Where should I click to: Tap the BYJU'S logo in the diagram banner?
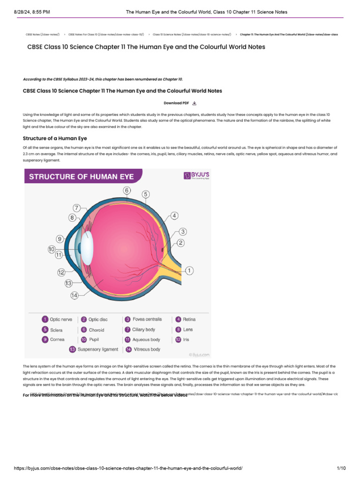pyautogui.click(x=196, y=176)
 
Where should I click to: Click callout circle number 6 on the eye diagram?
pyautogui.click(x=127, y=190)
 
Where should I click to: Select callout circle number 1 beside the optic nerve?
pyautogui.click(x=189, y=270)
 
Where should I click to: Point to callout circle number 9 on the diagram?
pyautogui.click(x=60, y=239)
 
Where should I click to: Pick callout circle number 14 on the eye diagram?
pyautogui.click(x=74, y=295)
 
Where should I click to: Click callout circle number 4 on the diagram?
pyautogui.click(x=174, y=216)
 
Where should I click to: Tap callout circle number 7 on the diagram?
pyautogui.click(x=77, y=208)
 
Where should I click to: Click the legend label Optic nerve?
pyautogui.click(x=61, y=319)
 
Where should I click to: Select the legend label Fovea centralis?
pyautogui.click(x=147, y=319)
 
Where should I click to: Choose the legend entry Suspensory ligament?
pyautogui.click(x=97, y=349)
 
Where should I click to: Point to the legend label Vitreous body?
pyautogui.click(x=147, y=349)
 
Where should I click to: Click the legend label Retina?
pyautogui.click(x=189, y=319)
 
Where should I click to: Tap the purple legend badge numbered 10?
pyautogui.click(x=84, y=339)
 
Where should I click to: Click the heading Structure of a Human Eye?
pyautogui.click(x=55, y=138)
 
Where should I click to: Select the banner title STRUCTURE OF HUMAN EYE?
pyautogui.click(x=82, y=177)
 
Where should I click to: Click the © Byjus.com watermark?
pyautogui.click(x=199, y=355)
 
